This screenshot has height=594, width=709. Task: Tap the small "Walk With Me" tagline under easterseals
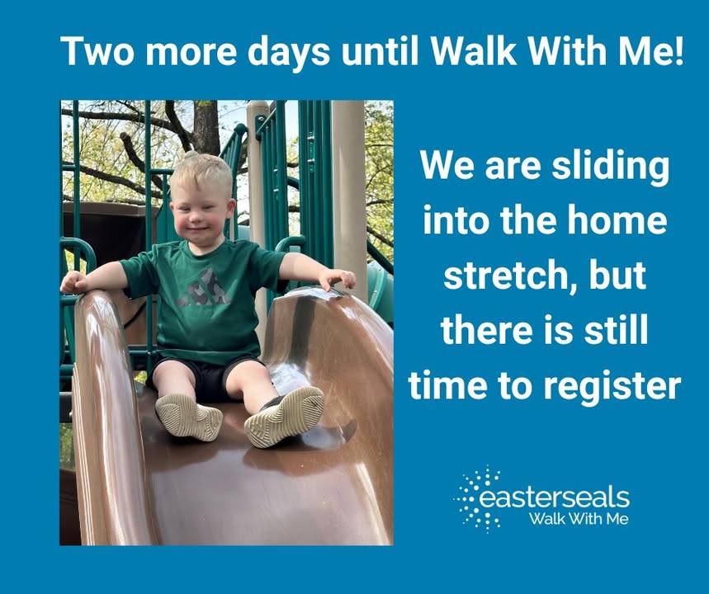tap(579, 518)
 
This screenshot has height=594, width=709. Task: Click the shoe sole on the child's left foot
tap(285, 417)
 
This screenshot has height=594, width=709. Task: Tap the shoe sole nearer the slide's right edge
tap(285, 417)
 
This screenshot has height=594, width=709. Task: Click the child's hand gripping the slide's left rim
tap(73, 282)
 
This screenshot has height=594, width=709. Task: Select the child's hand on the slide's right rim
tap(337, 279)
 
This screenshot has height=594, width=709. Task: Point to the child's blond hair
tap(201, 172)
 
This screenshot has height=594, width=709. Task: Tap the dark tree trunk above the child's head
tap(206, 126)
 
